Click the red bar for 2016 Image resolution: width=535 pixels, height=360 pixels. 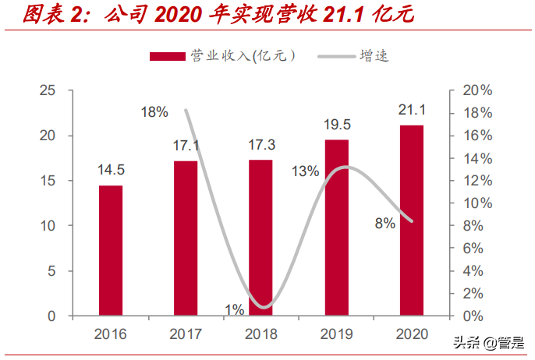111,250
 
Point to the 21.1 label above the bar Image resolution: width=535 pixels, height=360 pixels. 411,109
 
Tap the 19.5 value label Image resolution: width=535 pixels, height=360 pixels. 336,124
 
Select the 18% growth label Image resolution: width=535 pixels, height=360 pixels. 154,111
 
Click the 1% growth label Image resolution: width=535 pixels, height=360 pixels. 235,309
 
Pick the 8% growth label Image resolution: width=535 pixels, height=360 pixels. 385,223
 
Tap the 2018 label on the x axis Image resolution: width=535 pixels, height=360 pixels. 260,334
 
